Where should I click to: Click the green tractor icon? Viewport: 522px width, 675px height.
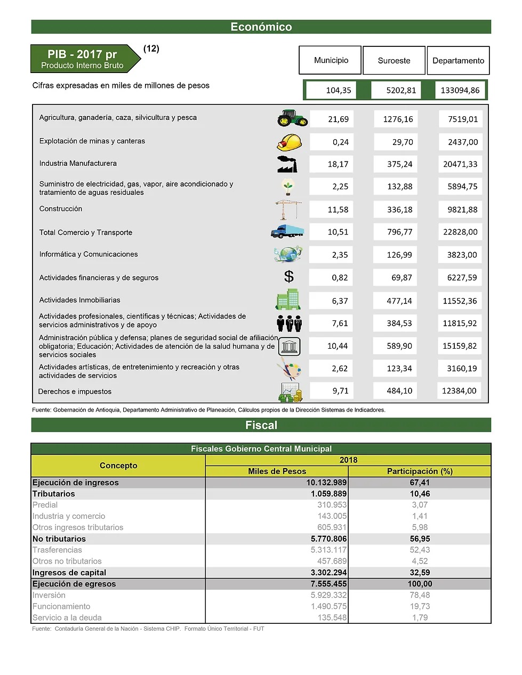click(292, 118)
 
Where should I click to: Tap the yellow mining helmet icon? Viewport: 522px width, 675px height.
click(290, 142)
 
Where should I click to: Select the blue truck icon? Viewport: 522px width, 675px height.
click(287, 231)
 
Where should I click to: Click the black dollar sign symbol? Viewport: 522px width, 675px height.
click(288, 277)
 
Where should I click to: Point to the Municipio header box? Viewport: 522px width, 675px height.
click(331, 60)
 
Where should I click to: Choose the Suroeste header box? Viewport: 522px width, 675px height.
click(394, 61)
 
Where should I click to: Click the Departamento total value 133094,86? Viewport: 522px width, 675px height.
click(460, 90)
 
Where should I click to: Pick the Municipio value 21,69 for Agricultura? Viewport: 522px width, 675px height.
click(338, 119)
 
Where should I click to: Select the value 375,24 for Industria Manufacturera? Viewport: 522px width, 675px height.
click(399, 164)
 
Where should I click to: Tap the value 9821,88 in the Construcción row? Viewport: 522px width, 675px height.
click(462, 210)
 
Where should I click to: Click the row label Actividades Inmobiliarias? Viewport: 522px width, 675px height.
click(80, 300)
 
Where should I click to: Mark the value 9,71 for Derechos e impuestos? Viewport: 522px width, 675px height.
click(340, 391)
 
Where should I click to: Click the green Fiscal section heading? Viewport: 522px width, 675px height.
click(261, 425)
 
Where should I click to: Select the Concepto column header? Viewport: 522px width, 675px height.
click(118, 465)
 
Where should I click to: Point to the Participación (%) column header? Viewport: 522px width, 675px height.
click(420, 471)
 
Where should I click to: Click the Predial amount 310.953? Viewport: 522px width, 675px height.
click(332, 505)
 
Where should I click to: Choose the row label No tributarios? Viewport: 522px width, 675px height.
click(59, 539)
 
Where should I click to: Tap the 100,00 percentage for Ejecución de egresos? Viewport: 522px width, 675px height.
click(420, 584)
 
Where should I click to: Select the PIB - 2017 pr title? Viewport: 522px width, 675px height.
click(82, 54)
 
